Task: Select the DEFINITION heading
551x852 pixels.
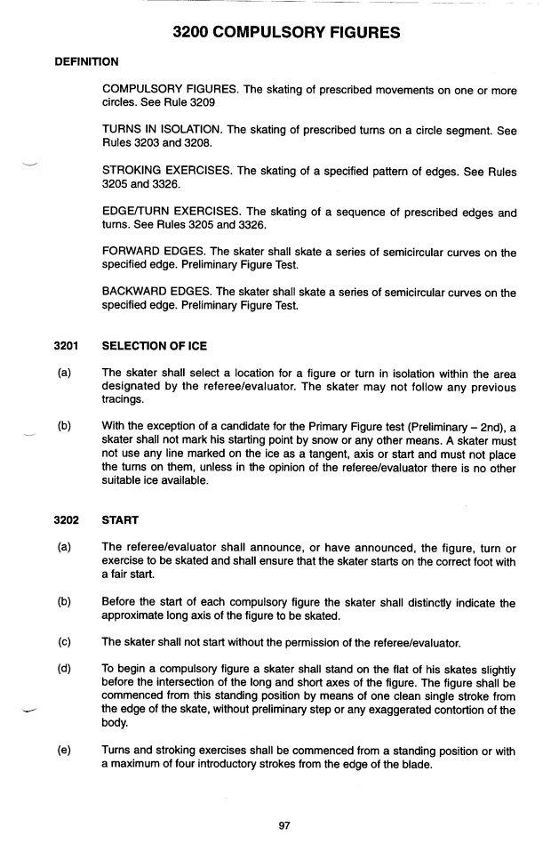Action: click(88, 61)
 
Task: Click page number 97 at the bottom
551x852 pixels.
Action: click(284, 825)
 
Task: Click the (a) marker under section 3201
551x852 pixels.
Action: click(64, 373)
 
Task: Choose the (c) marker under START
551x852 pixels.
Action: click(64, 641)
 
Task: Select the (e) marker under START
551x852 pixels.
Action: click(64, 752)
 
